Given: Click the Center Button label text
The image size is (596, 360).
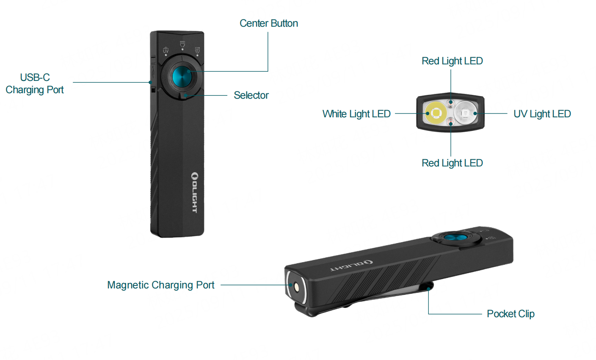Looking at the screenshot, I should pyautogui.click(x=268, y=24).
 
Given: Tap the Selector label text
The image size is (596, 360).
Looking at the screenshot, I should pyautogui.click(x=251, y=95).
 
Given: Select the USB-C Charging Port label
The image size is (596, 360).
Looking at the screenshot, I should pyautogui.click(x=35, y=83).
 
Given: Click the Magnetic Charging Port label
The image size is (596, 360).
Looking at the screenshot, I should pyautogui.click(x=161, y=285).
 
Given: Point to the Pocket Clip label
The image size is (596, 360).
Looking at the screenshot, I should pyautogui.click(x=510, y=314).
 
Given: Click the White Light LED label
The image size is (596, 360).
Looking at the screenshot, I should pyautogui.click(x=356, y=114).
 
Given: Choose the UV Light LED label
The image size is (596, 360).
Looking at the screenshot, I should pyautogui.click(x=542, y=114).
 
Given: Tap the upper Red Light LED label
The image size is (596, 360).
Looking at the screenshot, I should pyautogui.click(x=452, y=61).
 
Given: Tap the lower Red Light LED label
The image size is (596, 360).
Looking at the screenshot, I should pyautogui.click(x=452, y=163).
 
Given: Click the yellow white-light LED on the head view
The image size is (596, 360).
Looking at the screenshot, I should pyautogui.click(x=436, y=113).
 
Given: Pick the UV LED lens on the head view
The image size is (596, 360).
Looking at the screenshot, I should pyautogui.click(x=465, y=113).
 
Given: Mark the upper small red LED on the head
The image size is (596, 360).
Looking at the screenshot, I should pyautogui.click(x=451, y=102).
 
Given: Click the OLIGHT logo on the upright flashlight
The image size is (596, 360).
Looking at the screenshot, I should pyautogui.click(x=194, y=192).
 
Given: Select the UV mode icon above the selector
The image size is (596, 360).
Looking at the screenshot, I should pyautogui.click(x=166, y=50).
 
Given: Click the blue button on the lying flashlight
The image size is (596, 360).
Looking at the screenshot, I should pyautogui.click(x=455, y=238).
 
